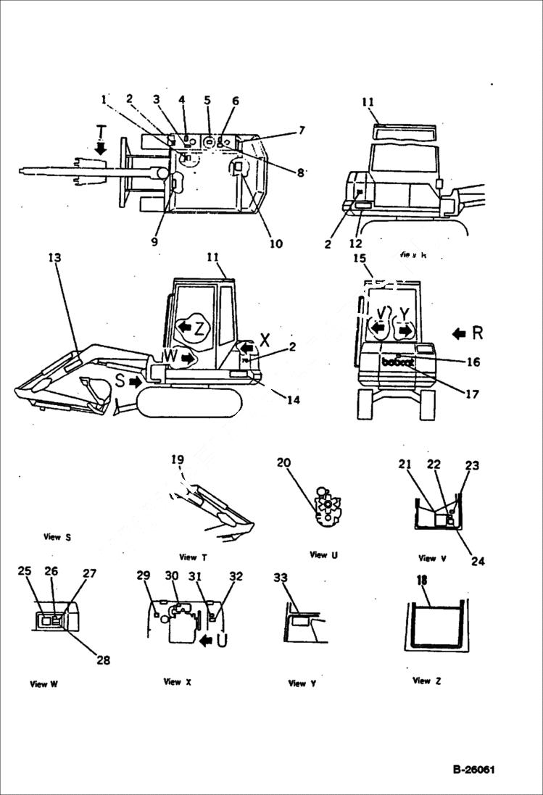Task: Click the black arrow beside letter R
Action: click(x=459, y=334)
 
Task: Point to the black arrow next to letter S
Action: click(x=134, y=380)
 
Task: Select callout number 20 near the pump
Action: click(x=284, y=463)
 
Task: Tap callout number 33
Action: click(x=281, y=578)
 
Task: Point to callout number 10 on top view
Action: click(x=275, y=244)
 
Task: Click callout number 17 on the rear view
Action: click(x=472, y=395)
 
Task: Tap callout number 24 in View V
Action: click(x=478, y=561)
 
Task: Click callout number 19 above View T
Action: click(x=178, y=459)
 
